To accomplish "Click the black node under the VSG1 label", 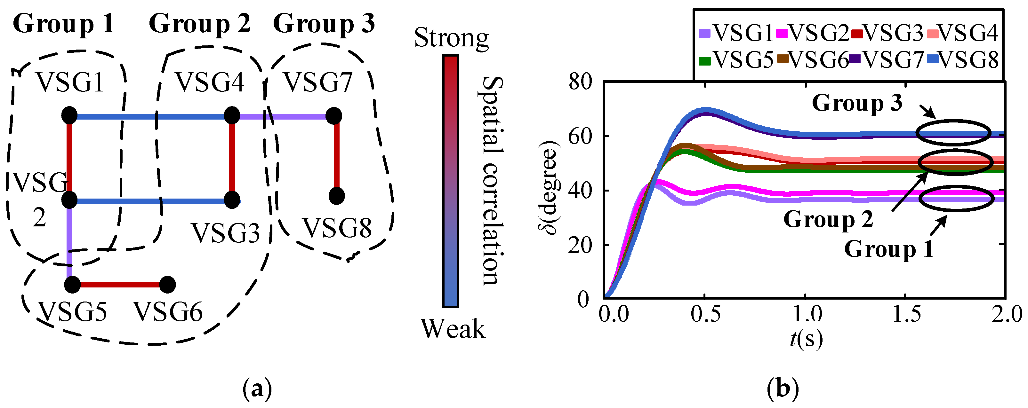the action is pyautogui.click(x=69, y=116).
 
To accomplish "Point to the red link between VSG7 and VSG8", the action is pyautogui.click(x=336, y=155).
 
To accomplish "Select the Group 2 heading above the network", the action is pyautogui.click(x=199, y=24).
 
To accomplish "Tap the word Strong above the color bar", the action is pyautogui.click(x=451, y=38).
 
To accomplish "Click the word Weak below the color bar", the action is pyautogui.click(x=453, y=329).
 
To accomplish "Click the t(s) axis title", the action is pyautogui.click(x=806, y=339).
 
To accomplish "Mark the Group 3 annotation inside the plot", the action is pyautogui.click(x=857, y=103).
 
